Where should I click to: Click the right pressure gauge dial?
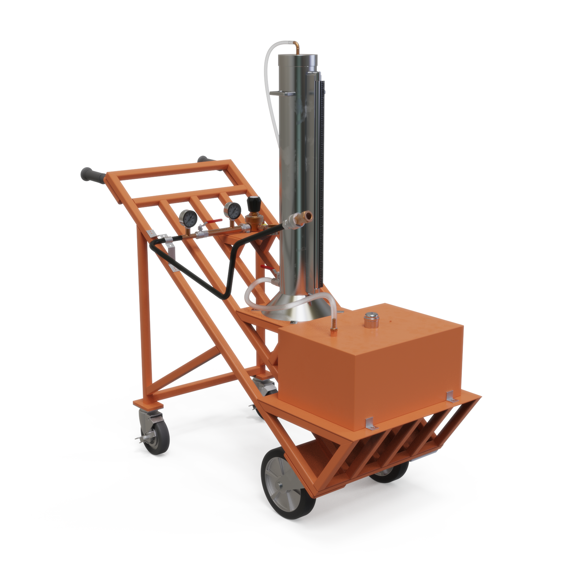coord(232,210)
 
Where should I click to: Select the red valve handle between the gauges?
coord(214,221)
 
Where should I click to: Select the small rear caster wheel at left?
coord(157,435)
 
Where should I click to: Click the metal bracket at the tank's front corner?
coord(370,424)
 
